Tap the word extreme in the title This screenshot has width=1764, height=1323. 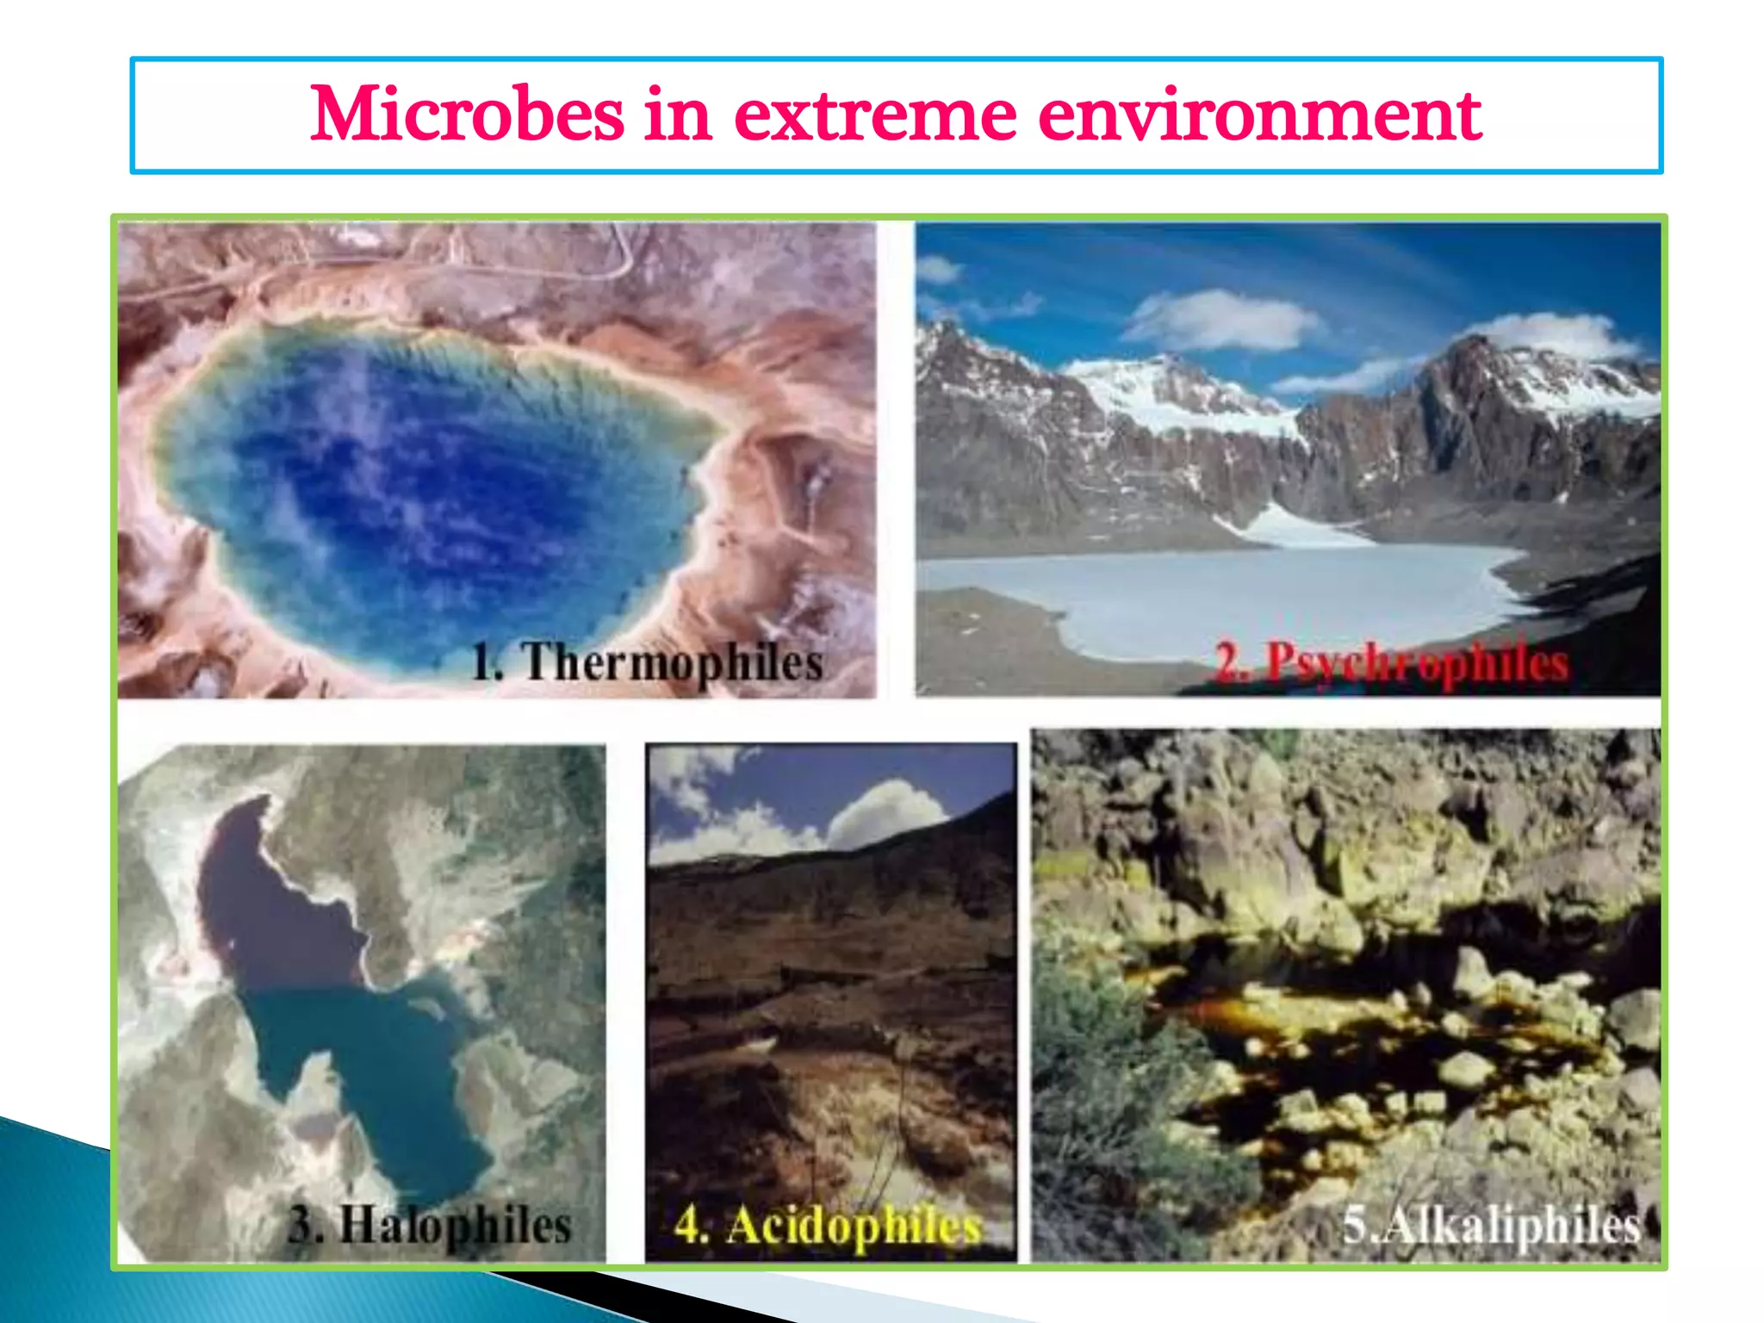click(875, 116)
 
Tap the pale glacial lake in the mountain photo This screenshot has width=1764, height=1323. click(1223, 594)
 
